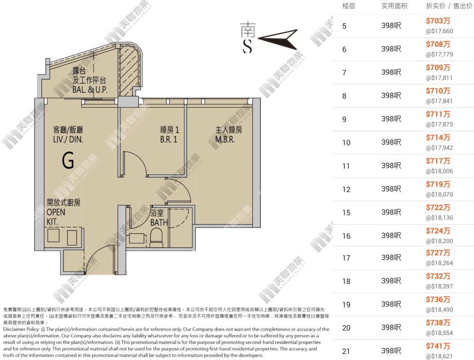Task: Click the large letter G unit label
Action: point(68,160)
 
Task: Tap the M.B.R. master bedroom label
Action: point(225,140)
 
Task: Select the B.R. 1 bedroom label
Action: point(169,140)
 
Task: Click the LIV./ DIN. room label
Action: point(68,140)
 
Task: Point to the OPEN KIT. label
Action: point(56,216)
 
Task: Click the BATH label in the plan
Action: point(159,223)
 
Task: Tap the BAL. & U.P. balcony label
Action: point(90,90)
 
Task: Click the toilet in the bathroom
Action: point(156,237)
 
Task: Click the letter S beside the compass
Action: point(247,46)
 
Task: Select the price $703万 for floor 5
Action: point(438,21)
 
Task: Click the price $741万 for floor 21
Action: point(438,346)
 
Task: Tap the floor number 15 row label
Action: point(346,213)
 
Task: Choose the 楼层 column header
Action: point(348,6)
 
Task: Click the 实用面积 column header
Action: point(394,6)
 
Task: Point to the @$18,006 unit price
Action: point(439,171)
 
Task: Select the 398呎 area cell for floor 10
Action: point(391,142)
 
